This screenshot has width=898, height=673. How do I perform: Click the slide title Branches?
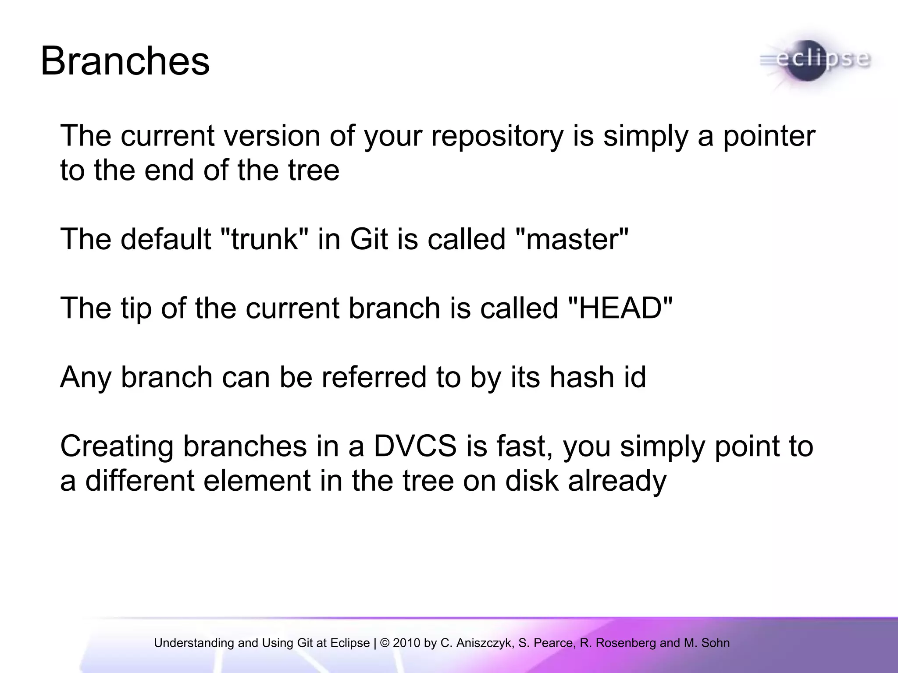(x=125, y=61)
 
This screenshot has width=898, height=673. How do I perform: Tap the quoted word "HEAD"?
(x=620, y=308)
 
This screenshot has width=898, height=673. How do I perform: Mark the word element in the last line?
(x=257, y=481)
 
